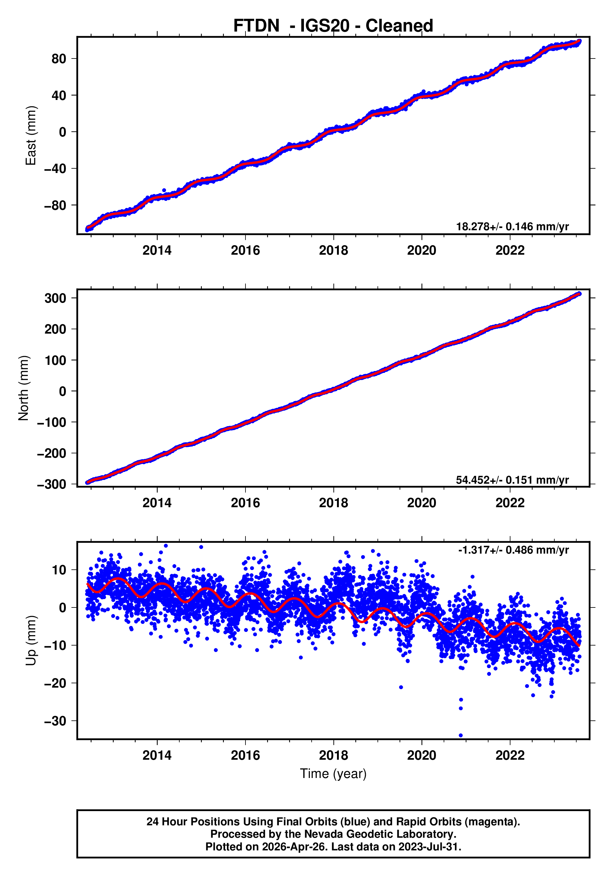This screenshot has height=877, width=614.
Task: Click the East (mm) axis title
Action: pyautogui.click(x=31, y=136)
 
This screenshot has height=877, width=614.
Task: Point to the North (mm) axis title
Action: pyautogui.click(x=24, y=388)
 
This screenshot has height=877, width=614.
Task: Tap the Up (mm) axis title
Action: pyautogui.click(x=31, y=641)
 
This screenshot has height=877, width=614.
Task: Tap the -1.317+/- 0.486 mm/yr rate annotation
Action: pyautogui.click(x=513, y=550)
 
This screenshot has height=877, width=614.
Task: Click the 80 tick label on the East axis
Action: pyautogui.click(x=59, y=59)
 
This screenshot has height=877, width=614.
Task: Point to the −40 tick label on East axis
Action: pyautogui.click(x=55, y=168)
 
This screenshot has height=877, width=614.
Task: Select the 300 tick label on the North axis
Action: pyautogui.click(x=55, y=298)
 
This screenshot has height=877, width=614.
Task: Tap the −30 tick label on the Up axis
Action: pyautogui.click(x=55, y=721)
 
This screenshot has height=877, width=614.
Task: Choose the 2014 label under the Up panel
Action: pyautogui.click(x=157, y=755)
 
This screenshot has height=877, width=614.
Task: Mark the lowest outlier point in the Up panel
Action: pyautogui.click(x=461, y=735)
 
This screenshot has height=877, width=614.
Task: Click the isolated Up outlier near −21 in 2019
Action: pyautogui.click(x=401, y=687)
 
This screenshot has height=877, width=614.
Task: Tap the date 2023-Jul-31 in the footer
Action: pyautogui.click(x=429, y=847)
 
